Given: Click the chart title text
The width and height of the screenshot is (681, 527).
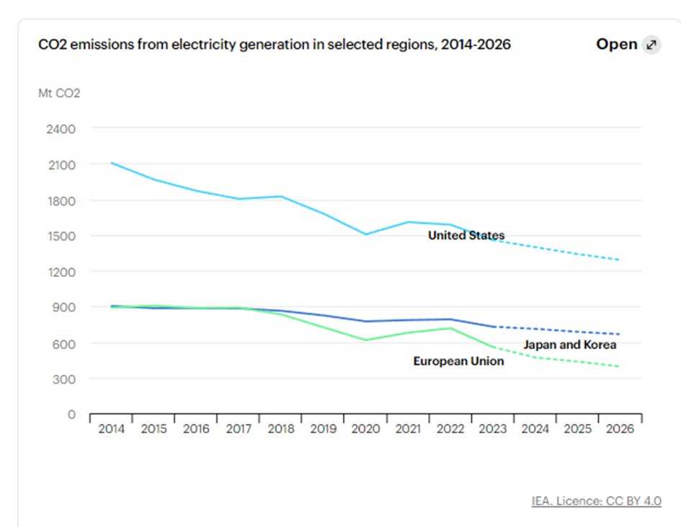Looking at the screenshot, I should tap(275, 45).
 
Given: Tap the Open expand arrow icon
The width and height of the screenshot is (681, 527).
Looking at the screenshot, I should tap(651, 45).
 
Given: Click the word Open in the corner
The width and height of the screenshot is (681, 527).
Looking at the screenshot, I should tap(616, 45).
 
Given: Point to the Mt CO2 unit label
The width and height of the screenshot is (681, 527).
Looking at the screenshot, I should tap(59, 93).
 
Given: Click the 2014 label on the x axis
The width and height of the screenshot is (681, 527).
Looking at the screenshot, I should tap(111, 429).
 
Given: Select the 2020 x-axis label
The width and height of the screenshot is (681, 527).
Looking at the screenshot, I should tap(365, 429).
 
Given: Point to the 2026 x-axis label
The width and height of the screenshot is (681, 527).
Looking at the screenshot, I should tap(620, 429).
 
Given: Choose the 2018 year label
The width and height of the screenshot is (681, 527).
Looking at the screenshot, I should tap(280, 429).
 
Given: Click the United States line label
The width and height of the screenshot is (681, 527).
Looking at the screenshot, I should tap(466, 236).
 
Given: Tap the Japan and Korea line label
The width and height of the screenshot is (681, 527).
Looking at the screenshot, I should tap(569, 345).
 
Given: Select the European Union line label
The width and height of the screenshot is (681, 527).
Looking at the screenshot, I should tap(458, 361).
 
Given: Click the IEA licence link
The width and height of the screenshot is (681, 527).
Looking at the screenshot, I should tap(596, 501).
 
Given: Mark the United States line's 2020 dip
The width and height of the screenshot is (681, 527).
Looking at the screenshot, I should tap(365, 234).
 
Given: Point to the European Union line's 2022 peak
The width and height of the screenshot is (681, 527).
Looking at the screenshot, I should tap(450, 328).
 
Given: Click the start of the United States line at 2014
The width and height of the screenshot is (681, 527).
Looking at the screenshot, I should tap(111, 163).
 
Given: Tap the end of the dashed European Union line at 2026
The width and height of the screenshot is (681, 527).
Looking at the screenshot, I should tap(620, 366).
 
